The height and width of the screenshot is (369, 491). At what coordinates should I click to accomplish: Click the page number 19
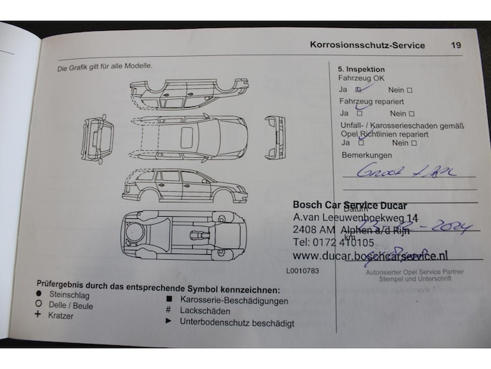[456, 45]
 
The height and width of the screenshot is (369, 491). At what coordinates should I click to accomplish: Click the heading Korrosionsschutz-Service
[367, 45]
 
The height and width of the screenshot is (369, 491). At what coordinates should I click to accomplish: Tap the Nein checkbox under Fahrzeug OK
[410, 90]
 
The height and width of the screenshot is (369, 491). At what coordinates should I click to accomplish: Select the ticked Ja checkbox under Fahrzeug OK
[359, 90]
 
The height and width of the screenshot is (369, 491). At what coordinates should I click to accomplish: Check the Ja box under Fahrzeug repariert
[359, 113]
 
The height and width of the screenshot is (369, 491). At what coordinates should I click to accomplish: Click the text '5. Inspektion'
[361, 70]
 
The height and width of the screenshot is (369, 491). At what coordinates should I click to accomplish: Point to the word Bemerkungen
[367, 155]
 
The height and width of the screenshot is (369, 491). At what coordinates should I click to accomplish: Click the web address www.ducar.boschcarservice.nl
[370, 256]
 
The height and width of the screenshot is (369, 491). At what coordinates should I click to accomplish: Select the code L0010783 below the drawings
[302, 271]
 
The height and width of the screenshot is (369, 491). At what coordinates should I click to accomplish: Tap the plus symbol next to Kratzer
[37, 314]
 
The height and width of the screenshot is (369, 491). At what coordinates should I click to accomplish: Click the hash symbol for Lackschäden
[168, 312]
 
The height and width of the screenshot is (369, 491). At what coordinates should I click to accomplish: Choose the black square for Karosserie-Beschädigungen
[168, 300]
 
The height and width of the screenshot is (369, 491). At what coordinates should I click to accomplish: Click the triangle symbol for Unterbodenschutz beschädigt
[168, 322]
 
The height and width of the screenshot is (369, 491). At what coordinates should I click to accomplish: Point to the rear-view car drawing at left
[97, 139]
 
